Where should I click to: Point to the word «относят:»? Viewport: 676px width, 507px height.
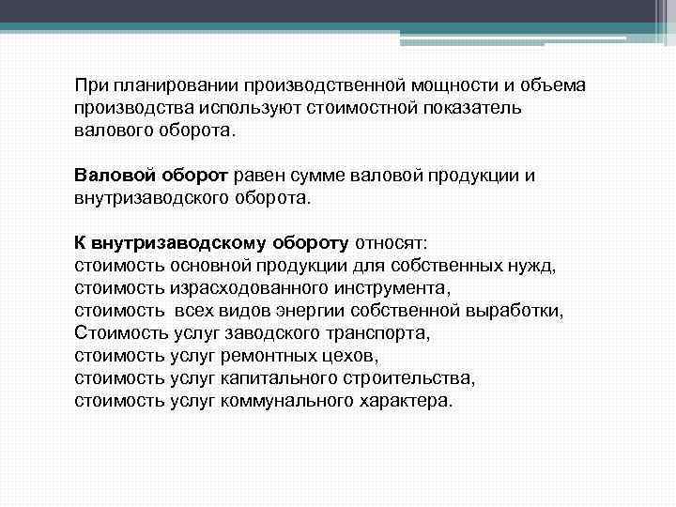point(392,243)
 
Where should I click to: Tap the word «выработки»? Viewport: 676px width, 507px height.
point(519,311)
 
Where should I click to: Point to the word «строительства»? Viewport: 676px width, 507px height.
point(409,378)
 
